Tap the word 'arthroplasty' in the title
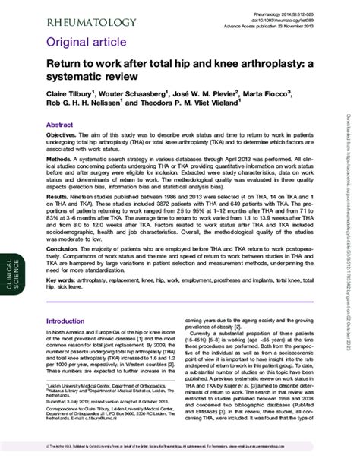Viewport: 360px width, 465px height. tap(261, 66)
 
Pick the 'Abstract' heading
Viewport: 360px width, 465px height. tap(60, 124)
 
